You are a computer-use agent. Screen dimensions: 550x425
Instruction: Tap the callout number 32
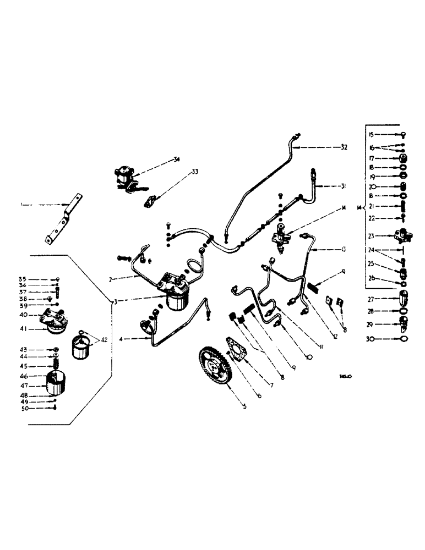tap(344, 147)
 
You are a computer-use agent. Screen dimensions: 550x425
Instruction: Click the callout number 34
tap(176, 160)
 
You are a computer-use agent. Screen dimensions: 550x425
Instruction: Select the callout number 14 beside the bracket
tap(360, 208)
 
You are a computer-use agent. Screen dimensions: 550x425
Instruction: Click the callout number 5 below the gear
tap(229, 407)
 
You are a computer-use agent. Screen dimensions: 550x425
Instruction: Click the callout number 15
tap(371, 134)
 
